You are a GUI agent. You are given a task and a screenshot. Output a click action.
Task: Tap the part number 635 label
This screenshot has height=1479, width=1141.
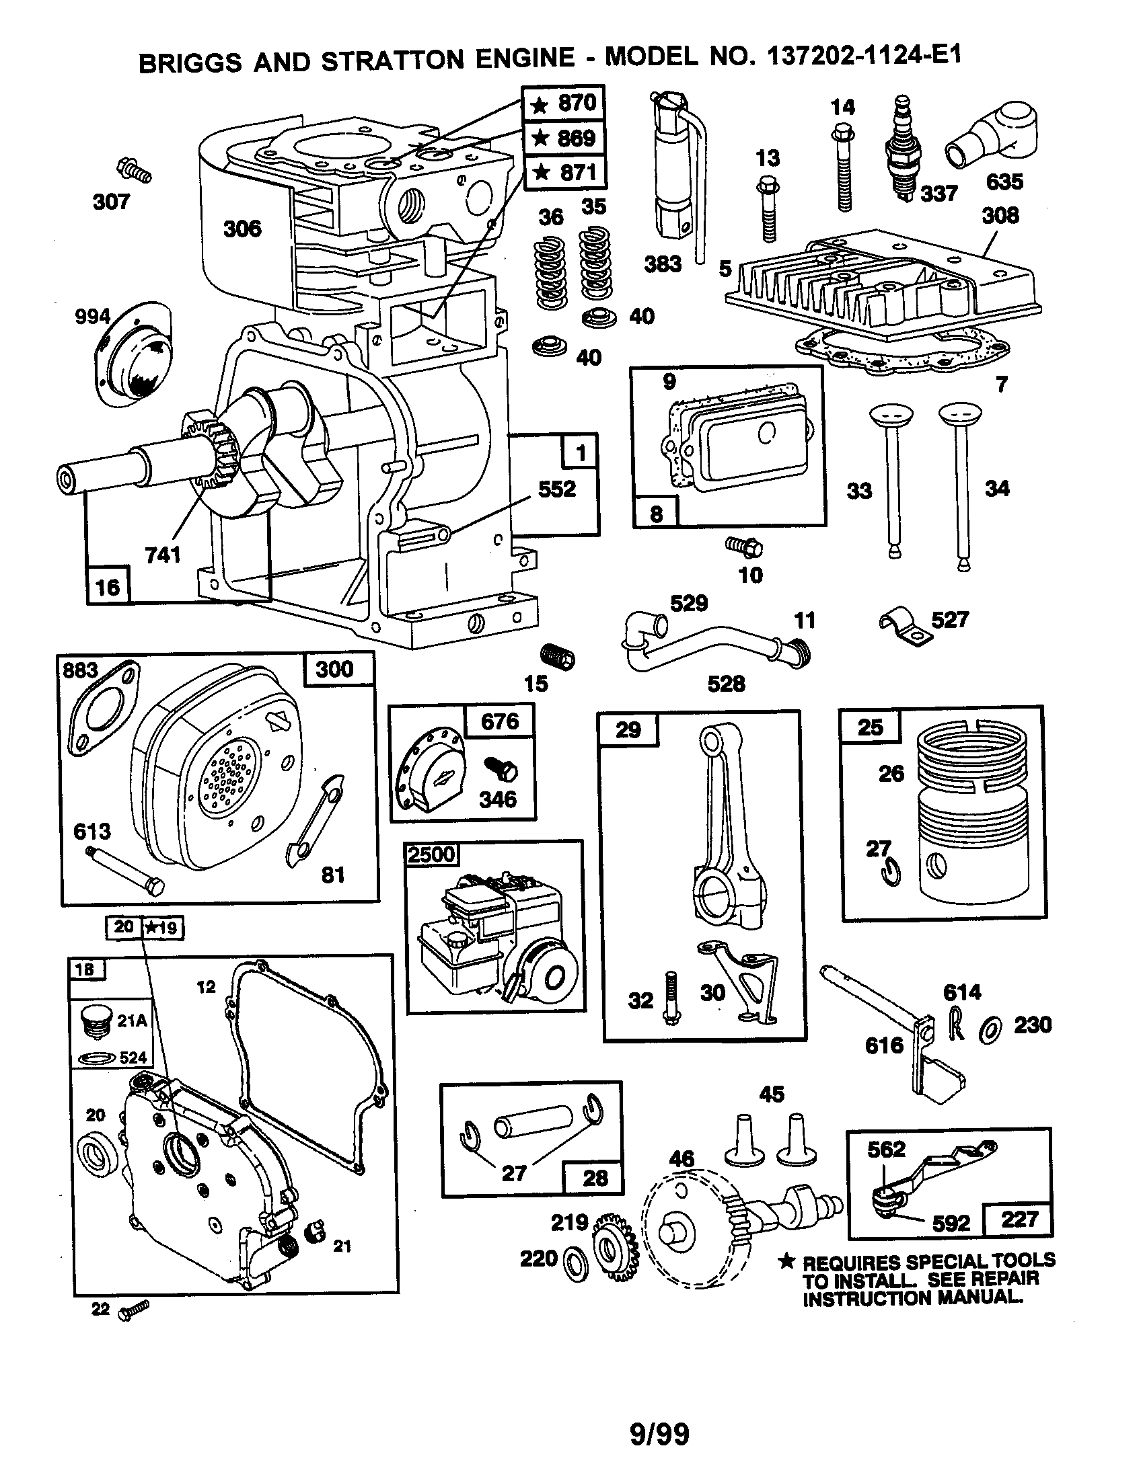pos(1004,182)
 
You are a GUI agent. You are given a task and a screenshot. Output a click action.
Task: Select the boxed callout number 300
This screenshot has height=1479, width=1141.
pos(335,669)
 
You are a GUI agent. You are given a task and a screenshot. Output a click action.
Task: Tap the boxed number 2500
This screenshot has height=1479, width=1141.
pos(432,854)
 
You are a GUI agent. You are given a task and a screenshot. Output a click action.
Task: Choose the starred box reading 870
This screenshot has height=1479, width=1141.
pos(563,104)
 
